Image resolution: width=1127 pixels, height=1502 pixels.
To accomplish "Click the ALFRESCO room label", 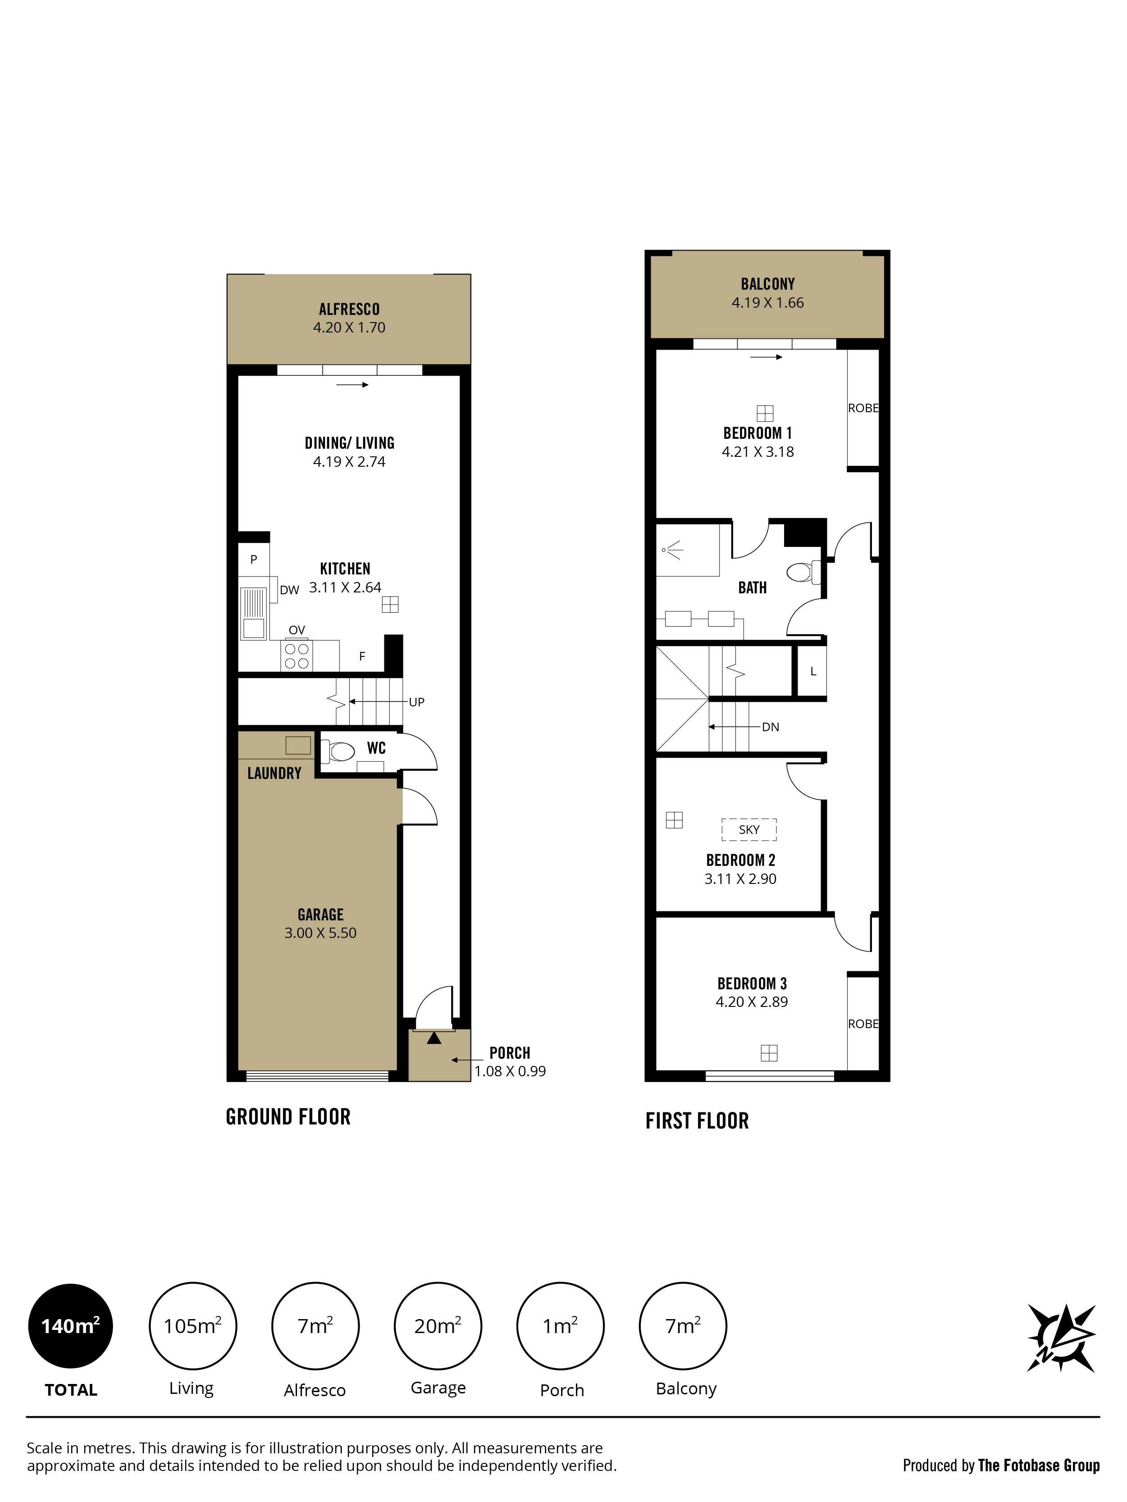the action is click(349, 309).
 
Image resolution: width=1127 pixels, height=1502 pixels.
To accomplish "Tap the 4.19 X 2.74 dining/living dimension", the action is click(349, 462).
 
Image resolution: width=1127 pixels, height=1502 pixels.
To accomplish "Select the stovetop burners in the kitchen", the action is click(297, 656).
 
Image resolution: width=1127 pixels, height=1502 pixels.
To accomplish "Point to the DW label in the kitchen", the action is click(289, 590).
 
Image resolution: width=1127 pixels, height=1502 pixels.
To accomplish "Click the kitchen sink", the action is click(253, 613).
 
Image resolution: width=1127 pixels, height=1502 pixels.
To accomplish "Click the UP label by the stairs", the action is click(416, 702).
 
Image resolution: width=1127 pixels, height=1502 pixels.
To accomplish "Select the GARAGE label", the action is click(321, 915).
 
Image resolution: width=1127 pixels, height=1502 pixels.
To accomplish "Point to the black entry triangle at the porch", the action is click(434, 1038).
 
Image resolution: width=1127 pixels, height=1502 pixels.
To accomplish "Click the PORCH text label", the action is click(510, 1053).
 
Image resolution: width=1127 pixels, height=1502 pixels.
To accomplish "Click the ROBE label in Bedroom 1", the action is click(863, 408).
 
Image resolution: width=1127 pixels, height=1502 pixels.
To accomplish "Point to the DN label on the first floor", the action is click(771, 727).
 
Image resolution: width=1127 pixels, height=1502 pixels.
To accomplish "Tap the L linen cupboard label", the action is click(813, 672).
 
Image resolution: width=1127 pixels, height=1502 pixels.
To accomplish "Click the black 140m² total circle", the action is click(71, 1326).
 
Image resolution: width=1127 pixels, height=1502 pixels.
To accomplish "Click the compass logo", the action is click(1061, 1338).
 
